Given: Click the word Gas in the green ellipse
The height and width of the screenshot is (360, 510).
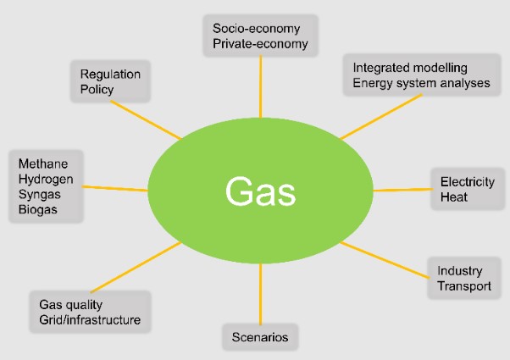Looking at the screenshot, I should tap(260, 191).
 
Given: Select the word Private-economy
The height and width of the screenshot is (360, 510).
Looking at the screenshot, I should tap(260, 44).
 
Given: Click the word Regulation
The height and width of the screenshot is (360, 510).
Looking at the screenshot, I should tap(110, 74).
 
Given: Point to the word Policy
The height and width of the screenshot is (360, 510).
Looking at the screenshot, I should tap(97, 89).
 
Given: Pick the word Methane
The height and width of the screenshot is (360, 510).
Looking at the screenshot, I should tap(39, 163).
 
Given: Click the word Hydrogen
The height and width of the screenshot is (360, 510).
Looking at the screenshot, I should tap(44, 179).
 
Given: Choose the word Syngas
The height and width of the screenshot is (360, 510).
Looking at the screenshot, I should tap(38, 194).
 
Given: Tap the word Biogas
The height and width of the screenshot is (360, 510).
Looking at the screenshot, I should tap(37, 209).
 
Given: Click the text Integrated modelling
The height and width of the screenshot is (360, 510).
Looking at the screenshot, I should tap(410, 66).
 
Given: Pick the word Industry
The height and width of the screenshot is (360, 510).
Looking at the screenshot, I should tap(460, 271).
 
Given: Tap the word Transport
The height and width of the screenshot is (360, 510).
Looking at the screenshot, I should tap(464, 286).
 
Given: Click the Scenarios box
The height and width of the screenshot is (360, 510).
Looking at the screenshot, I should tap(260, 337).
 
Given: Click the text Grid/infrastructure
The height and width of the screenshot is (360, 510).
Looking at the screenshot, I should tap(90, 320).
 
